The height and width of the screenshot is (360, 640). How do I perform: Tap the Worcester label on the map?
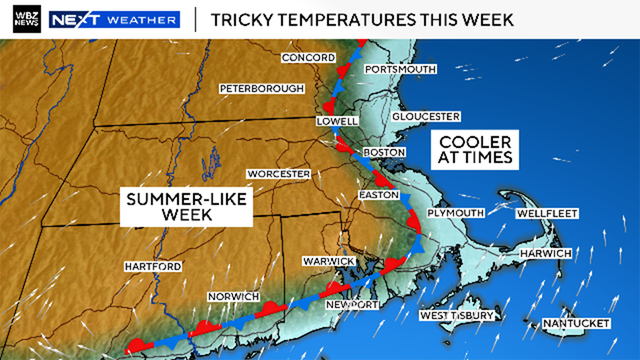pos(279,174)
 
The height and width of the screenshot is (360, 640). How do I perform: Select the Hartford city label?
pos(153,267)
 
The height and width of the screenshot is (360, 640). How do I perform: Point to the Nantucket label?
pos(578,324)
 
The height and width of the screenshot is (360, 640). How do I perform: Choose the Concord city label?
pos(307,58)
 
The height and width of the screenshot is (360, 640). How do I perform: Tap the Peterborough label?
pos(262,88)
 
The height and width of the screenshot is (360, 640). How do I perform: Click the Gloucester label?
pos(426,116)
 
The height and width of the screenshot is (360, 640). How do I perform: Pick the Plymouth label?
pos(455,214)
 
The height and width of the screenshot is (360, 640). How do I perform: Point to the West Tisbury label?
pos(457,316)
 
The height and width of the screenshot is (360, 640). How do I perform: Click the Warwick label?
pos(329,261)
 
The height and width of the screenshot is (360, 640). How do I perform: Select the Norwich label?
pos(233,298)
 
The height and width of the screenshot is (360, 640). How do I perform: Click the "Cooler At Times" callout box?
pos(475,150)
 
